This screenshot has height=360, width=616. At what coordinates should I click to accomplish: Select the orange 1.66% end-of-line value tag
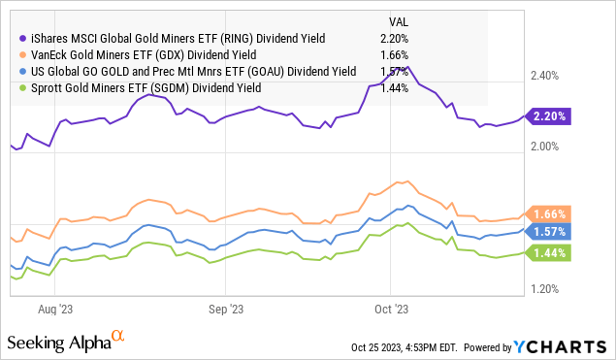pyautogui.click(x=550, y=213)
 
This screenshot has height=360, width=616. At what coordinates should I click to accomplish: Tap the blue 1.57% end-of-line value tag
pyautogui.click(x=550, y=231)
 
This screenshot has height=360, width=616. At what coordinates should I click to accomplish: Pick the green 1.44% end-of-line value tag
pyautogui.click(x=550, y=252)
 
